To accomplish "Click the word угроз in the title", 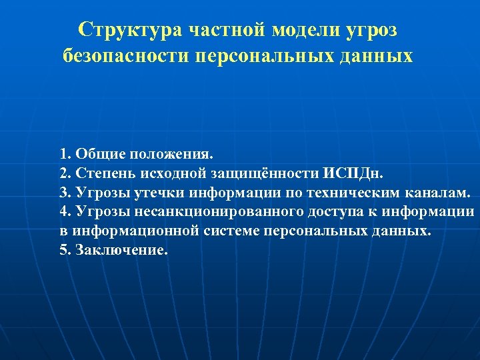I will (376, 29).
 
